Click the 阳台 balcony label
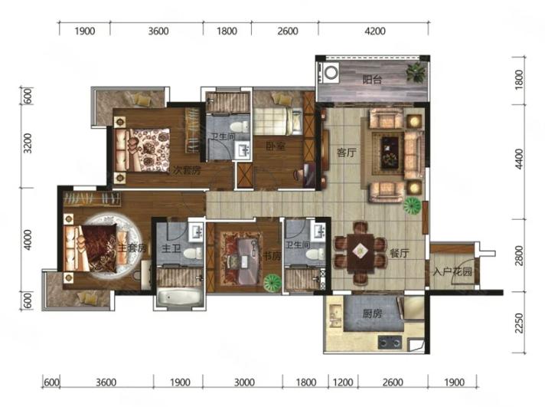click(x=372, y=80)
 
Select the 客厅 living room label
click(x=347, y=153)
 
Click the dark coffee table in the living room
click(x=390, y=153)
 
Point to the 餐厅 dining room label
click(x=400, y=253)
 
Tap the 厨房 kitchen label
click(x=372, y=313)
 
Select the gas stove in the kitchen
click(x=390, y=343)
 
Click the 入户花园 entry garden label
click(x=452, y=271)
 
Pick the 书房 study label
click(x=272, y=256)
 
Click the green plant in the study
click(x=272, y=283)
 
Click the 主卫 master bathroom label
click(x=171, y=248)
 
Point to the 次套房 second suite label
click(x=188, y=170)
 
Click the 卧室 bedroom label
click(x=276, y=146)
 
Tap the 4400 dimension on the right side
click(x=519, y=159)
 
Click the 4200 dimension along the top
click(x=375, y=31)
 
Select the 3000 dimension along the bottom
click(x=244, y=382)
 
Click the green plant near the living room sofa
click(x=413, y=205)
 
